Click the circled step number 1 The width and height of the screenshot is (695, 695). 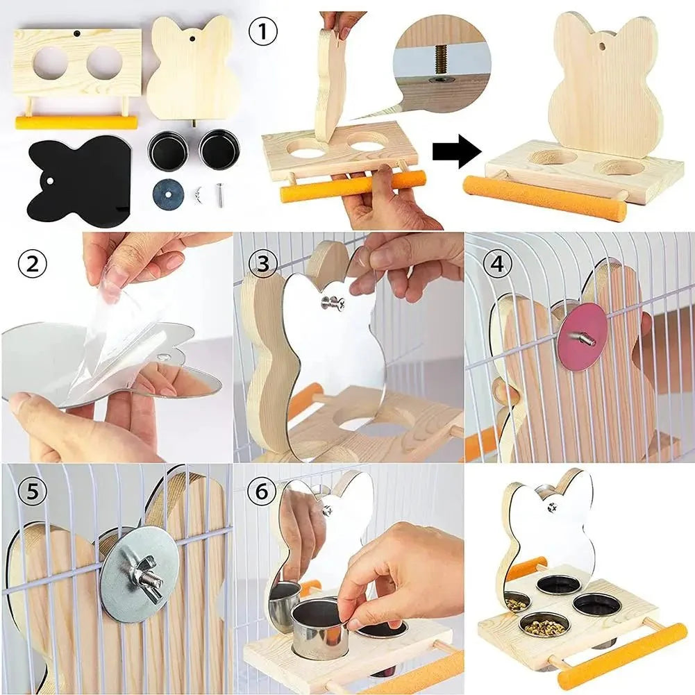click(263, 32)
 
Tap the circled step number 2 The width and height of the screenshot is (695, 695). click(33, 264)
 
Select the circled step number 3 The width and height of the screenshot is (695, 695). click(263, 264)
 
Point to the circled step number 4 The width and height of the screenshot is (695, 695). click(496, 264)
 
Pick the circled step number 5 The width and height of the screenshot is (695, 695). click(33, 491)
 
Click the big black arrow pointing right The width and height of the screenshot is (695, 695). click(457, 152)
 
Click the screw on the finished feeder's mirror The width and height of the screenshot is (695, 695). click(551, 507)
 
